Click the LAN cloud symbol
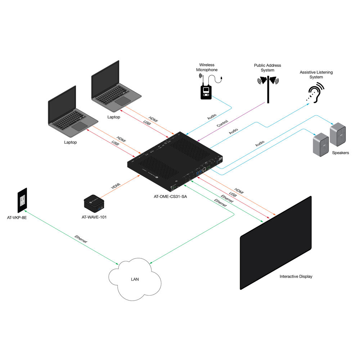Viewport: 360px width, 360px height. click(x=135, y=279)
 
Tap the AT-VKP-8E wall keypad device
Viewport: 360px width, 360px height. click(x=22, y=201)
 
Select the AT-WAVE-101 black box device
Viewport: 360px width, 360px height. click(x=94, y=203)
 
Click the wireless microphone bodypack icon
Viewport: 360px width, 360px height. click(x=206, y=92)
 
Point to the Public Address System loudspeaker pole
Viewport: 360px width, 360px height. click(x=268, y=90)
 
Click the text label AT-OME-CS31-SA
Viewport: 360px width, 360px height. click(x=170, y=197)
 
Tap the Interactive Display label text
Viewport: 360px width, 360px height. click(x=296, y=276)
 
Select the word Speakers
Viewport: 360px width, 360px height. click(x=341, y=153)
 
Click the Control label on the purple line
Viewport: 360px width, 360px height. click(x=222, y=123)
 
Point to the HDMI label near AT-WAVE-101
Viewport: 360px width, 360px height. click(x=116, y=186)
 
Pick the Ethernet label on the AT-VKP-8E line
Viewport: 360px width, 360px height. click(x=81, y=239)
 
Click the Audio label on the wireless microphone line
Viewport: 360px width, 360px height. click(x=212, y=117)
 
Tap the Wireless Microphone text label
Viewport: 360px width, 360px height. click(x=207, y=67)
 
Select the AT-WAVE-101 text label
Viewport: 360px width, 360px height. click(x=94, y=217)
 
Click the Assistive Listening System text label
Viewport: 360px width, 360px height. click(x=316, y=75)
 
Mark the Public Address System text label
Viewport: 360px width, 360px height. click(x=267, y=68)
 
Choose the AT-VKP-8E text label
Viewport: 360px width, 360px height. click(x=17, y=218)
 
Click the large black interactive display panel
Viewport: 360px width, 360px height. click(x=276, y=243)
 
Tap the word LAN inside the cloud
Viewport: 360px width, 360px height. click(x=135, y=279)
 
